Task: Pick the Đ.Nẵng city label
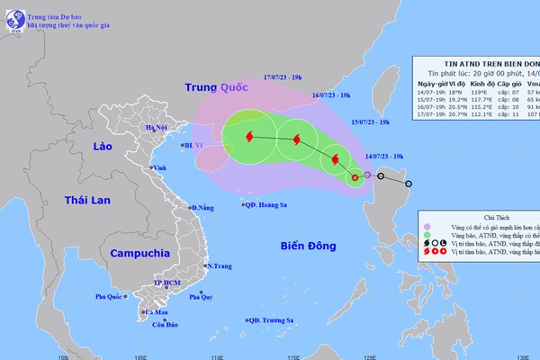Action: [x=202, y=208]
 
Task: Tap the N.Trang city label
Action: [x=220, y=265]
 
